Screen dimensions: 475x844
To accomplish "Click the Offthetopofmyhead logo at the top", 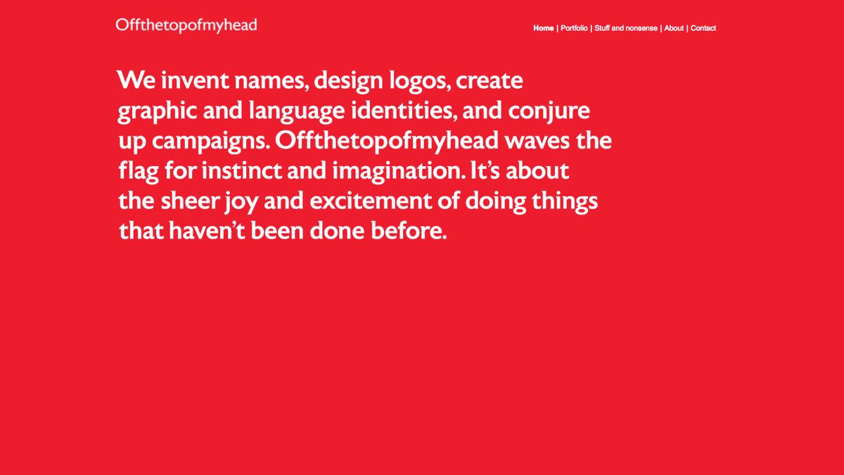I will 186,26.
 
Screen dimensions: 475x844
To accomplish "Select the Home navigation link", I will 543,28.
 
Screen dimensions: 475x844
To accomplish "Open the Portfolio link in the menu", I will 574,28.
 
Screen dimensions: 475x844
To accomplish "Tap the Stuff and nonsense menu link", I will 626,28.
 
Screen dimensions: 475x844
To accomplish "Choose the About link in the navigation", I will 674,28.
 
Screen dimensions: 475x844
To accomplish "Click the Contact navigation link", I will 703,28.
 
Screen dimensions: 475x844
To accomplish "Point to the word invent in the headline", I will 195,81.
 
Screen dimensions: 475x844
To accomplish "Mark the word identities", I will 405,111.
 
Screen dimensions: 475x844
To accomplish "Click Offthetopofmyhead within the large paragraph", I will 388,141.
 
